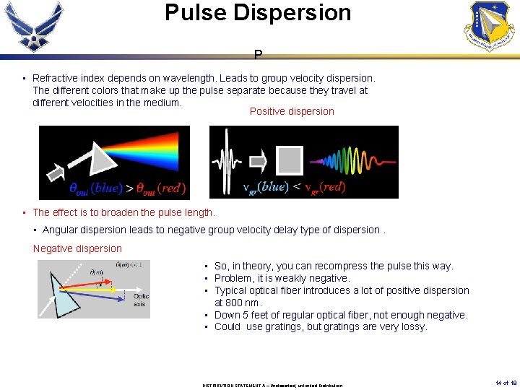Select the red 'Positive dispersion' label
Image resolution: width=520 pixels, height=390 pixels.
pos(292,111)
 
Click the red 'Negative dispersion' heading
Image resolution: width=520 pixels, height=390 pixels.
pos(77,248)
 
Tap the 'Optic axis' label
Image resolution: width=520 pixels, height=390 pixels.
pos(142,300)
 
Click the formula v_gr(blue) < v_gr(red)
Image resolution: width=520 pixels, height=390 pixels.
pos(294,187)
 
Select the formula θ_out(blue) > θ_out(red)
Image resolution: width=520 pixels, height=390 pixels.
pos(127,188)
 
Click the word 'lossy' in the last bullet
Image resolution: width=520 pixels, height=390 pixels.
pos(414,326)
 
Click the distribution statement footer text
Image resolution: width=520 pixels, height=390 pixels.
pos(272,385)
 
